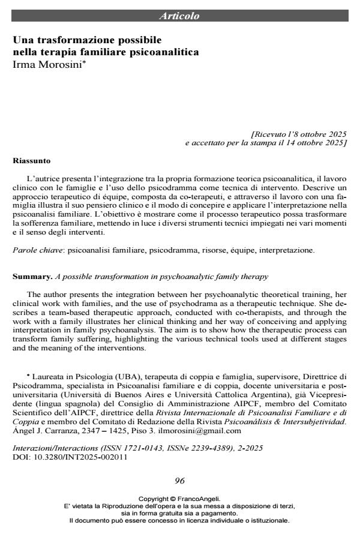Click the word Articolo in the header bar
(179, 16)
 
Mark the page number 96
(179, 480)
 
